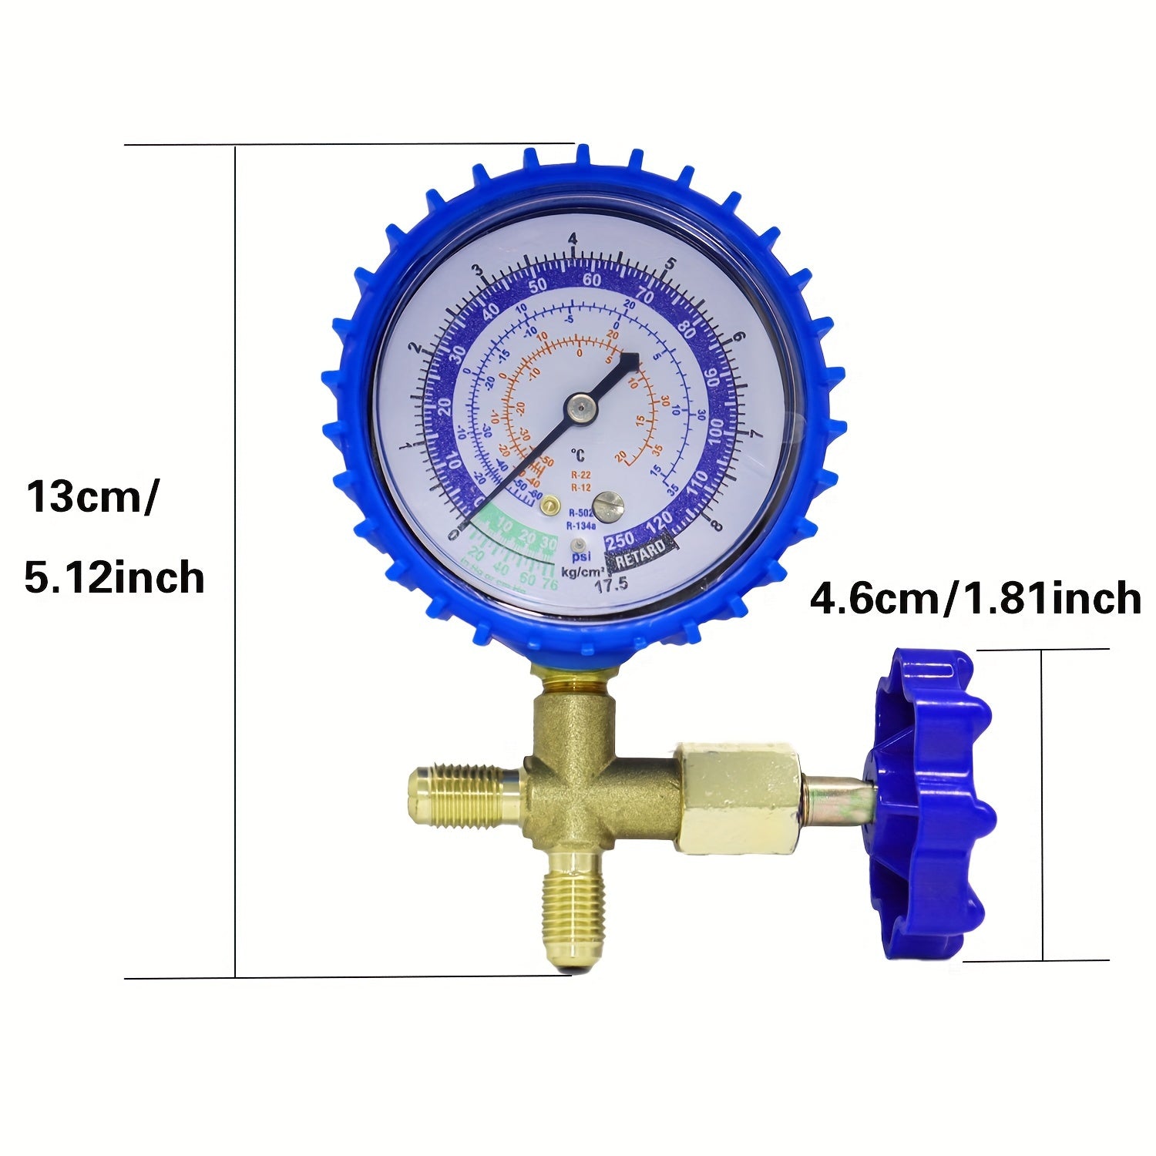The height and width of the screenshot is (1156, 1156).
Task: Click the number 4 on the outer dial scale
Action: pyautogui.click(x=572, y=240)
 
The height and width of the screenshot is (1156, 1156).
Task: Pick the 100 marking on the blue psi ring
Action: pyautogui.click(x=721, y=429)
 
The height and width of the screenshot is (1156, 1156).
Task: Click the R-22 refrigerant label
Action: pyautogui.click(x=580, y=475)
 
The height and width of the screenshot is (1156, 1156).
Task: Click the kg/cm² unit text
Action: pyautogui.click(x=583, y=571)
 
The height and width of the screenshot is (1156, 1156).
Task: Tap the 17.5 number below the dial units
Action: pyautogui.click(x=612, y=585)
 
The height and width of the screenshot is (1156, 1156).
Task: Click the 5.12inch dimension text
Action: pyautogui.click(x=114, y=577)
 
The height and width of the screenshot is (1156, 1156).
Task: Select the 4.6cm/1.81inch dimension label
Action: pyautogui.click(x=975, y=599)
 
